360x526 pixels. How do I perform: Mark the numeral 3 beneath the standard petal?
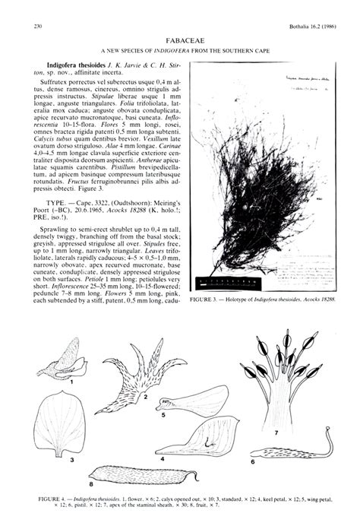point(71,459)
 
